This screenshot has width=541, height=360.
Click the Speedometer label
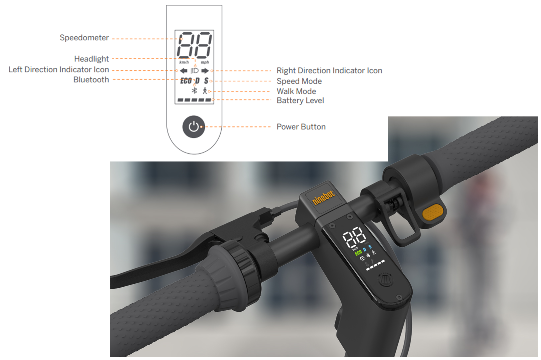click(x=84, y=38)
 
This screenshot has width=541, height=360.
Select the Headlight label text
click(x=91, y=59)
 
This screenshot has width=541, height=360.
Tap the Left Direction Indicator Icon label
click(x=59, y=69)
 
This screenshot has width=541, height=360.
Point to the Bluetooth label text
click(x=91, y=80)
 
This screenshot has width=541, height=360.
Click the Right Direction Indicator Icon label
click(x=329, y=70)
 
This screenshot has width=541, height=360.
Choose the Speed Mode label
click(x=299, y=81)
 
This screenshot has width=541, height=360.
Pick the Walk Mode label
click(x=296, y=91)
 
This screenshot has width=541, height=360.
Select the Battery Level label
click(x=300, y=100)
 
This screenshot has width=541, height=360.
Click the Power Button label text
click(x=301, y=127)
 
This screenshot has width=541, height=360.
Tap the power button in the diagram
click(x=194, y=127)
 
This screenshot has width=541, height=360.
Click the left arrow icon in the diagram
click(x=184, y=71)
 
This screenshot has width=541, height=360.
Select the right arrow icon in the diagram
click(x=205, y=71)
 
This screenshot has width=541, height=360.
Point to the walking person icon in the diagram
click(x=205, y=90)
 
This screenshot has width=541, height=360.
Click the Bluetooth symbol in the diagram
click(x=195, y=90)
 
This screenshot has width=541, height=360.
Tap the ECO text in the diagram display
click(x=186, y=81)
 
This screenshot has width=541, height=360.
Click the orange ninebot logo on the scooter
click(x=324, y=197)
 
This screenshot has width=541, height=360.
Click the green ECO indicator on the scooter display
click(x=358, y=253)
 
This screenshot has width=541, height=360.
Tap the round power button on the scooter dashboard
click(x=385, y=280)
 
